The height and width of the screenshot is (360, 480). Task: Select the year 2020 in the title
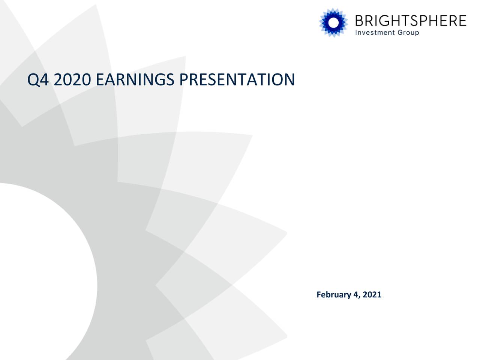point(72,79)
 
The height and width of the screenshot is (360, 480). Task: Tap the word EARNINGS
point(135,79)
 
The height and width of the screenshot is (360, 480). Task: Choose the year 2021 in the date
point(372,295)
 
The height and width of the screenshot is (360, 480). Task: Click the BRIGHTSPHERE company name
point(410,21)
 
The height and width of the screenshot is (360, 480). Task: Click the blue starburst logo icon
point(333,22)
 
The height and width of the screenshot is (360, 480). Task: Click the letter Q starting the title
point(33,79)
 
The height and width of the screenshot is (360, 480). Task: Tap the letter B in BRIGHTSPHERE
point(360,21)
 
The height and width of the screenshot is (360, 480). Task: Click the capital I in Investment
point(356,33)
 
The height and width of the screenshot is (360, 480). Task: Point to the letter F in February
point(319,295)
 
